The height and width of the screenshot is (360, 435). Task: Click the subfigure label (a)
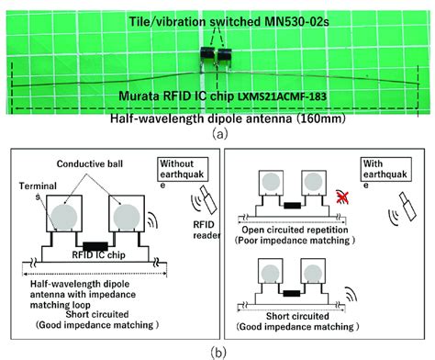click(217, 133)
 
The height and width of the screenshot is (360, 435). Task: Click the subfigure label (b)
click(217, 351)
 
